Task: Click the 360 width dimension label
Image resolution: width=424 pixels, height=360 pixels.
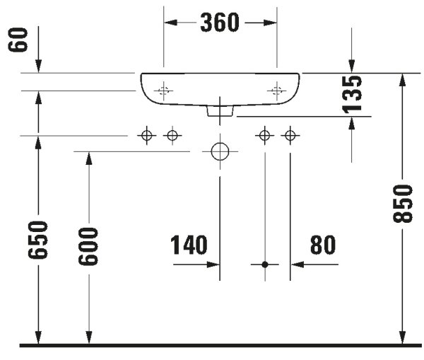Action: [220, 23]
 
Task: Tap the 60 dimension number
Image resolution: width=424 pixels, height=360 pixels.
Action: [18, 40]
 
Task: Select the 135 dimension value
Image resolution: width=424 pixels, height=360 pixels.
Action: [352, 94]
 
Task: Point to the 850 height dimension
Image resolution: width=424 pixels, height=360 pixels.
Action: [403, 204]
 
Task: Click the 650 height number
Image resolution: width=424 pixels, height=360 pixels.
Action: [38, 240]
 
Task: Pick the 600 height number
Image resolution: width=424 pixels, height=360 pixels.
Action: [88, 246]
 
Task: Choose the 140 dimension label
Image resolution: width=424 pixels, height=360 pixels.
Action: [189, 245]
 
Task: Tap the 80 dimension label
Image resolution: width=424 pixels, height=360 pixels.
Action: [323, 245]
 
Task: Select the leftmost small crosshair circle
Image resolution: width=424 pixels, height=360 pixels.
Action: [147, 135]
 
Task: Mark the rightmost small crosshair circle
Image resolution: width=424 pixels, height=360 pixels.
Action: [290, 135]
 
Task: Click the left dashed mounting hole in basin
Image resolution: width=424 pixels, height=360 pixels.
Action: [163, 91]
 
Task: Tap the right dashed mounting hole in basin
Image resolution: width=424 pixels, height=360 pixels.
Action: [276, 91]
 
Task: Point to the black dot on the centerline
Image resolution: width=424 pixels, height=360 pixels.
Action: [265, 265]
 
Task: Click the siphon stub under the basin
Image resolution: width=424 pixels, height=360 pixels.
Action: [220, 111]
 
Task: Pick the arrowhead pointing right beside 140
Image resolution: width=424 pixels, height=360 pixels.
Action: [213, 265]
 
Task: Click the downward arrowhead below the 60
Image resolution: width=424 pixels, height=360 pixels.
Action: [38, 66]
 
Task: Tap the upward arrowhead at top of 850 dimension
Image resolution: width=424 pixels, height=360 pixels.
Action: [403, 80]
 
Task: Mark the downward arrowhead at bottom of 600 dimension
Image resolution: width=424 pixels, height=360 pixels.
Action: [89, 337]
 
